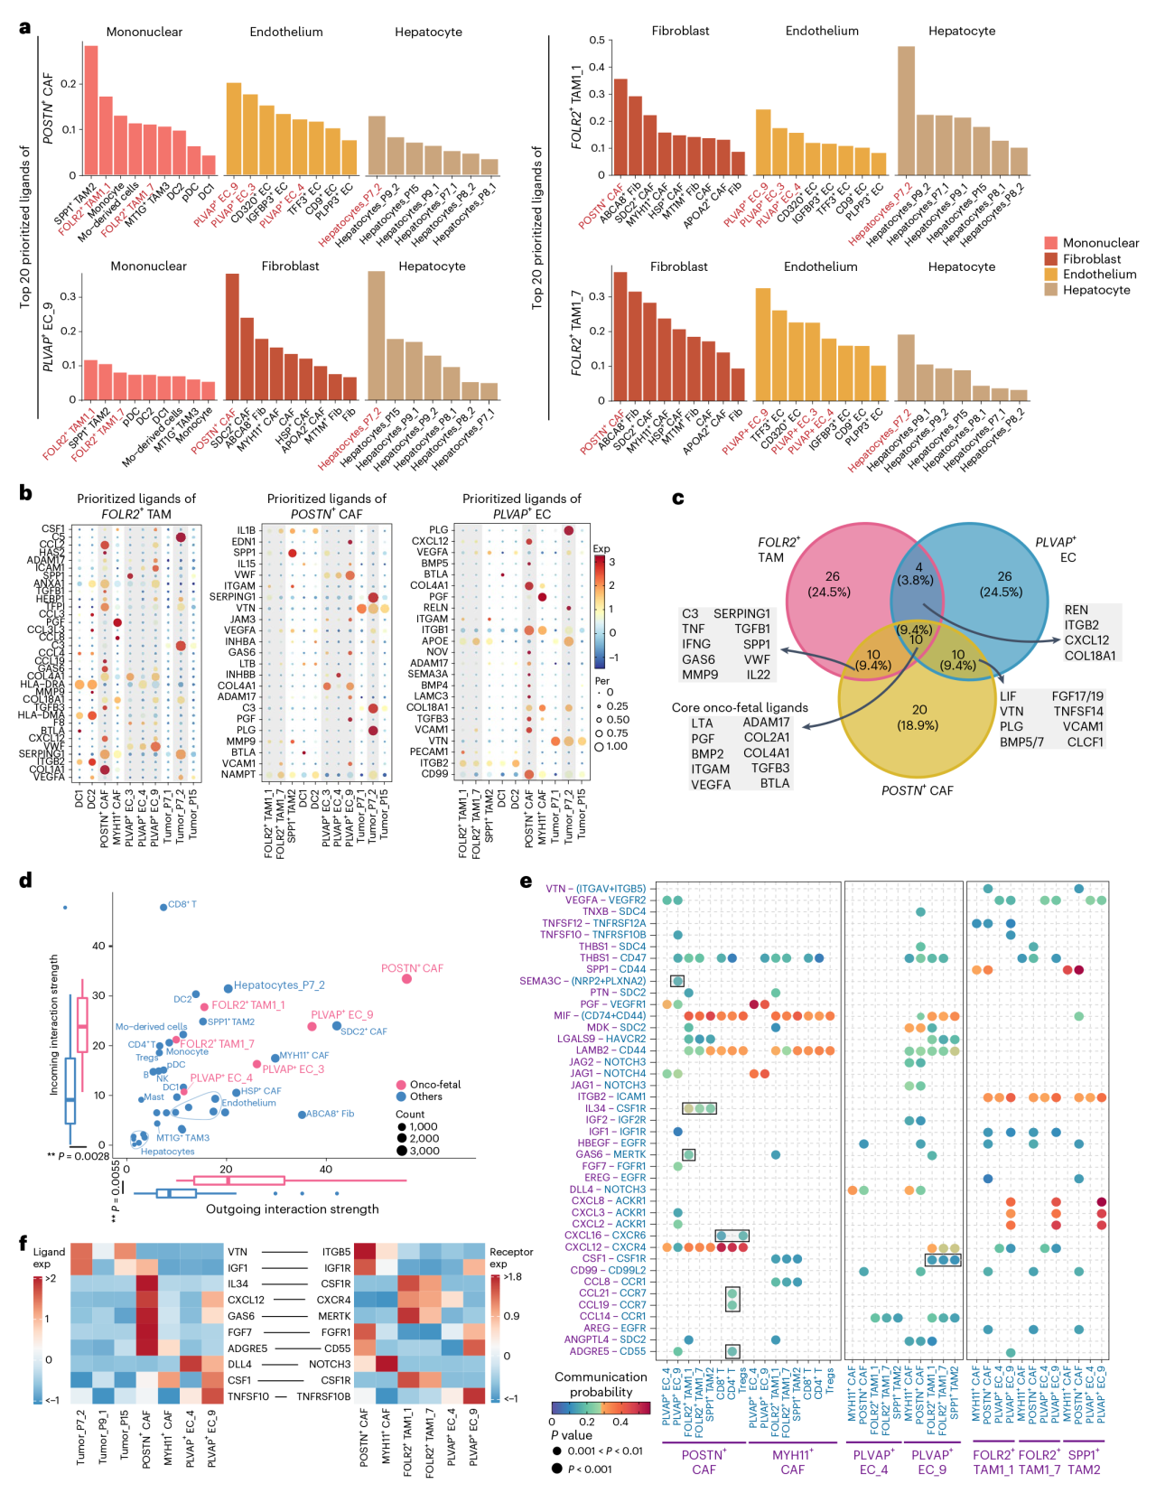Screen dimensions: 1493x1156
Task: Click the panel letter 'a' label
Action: [x=25, y=27]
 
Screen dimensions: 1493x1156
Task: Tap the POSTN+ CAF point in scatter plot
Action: [x=406, y=978]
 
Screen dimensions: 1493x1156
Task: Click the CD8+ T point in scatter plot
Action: [x=163, y=907]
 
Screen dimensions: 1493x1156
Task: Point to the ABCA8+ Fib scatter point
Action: [x=302, y=1115]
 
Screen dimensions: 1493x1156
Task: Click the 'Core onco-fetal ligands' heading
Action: [x=740, y=707]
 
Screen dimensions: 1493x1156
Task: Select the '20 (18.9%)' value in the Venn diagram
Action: [x=918, y=717]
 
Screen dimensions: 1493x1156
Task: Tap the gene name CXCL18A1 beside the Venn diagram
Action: [x=1090, y=656]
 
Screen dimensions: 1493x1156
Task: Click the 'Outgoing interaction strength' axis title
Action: [x=292, y=1208]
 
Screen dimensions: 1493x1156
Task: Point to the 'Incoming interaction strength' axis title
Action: [x=53, y=1025]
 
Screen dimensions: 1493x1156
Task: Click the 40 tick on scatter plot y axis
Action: [x=98, y=946]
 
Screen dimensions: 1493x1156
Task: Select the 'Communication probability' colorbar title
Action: [x=601, y=1384]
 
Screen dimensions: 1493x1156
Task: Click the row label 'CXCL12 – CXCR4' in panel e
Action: [x=605, y=1247]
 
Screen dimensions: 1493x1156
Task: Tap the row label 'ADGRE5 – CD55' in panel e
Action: [x=607, y=1351]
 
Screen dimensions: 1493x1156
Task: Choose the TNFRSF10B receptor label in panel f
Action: [x=323, y=1396]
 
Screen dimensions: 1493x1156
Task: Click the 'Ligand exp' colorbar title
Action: [x=49, y=1257]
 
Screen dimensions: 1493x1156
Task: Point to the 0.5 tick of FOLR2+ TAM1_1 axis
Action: [x=597, y=41]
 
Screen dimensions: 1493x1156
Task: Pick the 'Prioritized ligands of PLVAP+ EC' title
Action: [x=521, y=506]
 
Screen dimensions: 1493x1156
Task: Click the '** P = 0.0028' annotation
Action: [x=79, y=1156]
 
